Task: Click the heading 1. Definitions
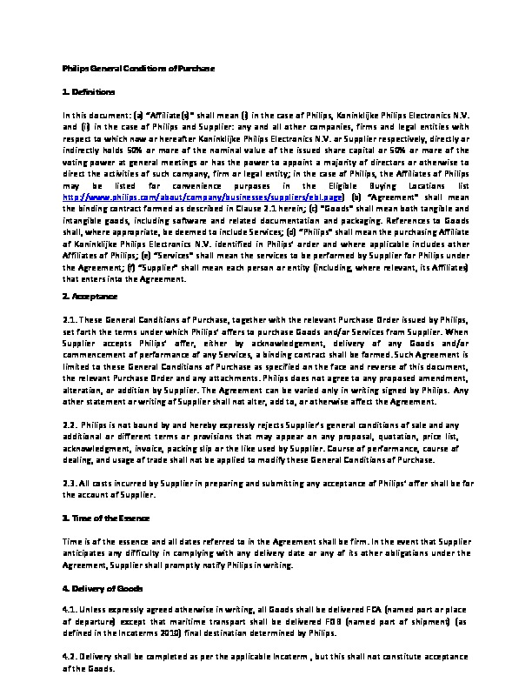click(89, 91)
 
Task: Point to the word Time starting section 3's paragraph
click(73, 540)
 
